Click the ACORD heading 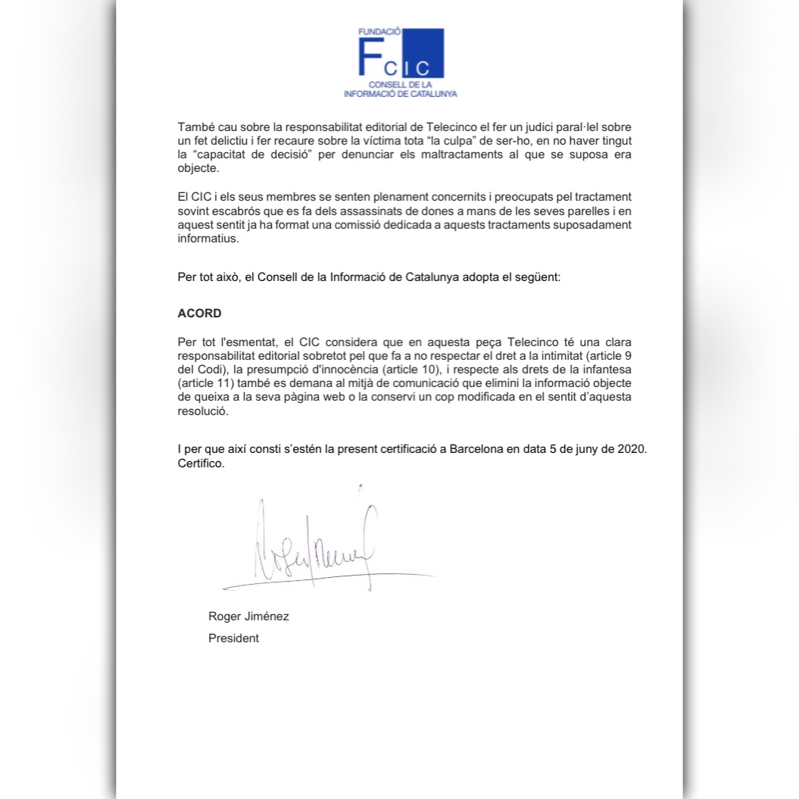tap(199, 313)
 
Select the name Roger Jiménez tap(248, 616)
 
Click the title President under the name tap(233, 638)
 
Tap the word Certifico tap(201, 463)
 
